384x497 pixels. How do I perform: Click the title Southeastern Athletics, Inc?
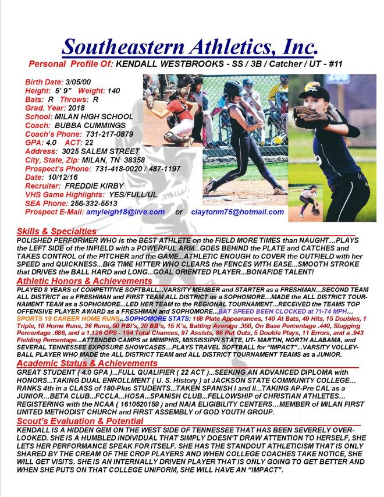click(x=190, y=46)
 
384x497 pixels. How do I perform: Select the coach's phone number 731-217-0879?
click(x=106, y=134)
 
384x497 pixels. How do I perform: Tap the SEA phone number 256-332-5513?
click(x=94, y=204)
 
